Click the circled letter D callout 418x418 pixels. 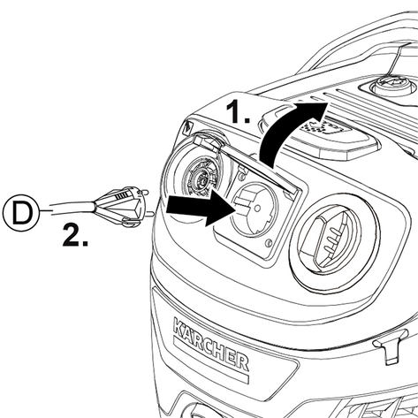coord(21,212)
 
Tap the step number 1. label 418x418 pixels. coord(238,111)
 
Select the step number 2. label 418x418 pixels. coord(75,235)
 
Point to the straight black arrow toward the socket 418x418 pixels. coord(201,208)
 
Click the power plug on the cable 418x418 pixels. coord(121,207)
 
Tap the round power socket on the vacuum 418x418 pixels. coord(253,209)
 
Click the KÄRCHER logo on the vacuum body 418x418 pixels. coord(210,344)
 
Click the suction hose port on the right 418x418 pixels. coord(335,242)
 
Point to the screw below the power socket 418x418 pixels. coord(268,243)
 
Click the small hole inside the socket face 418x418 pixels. coord(257,209)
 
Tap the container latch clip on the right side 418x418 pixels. coord(391,346)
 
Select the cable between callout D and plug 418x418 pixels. coord(72,209)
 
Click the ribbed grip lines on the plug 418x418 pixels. coord(121,195)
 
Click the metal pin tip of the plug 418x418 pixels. coord(151,213)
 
